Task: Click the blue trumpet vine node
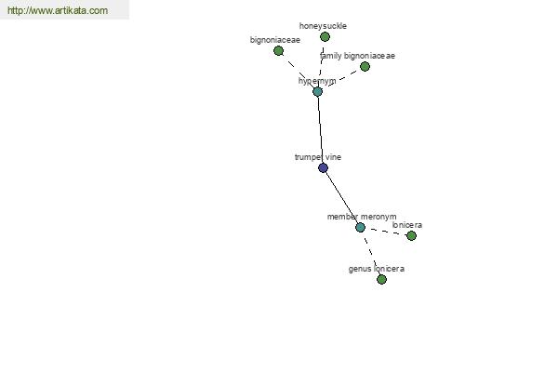[x=323, y=167]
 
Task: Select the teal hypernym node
[x=317, y=91]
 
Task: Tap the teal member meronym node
[x=360, y=227]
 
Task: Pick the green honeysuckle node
[x=325, y=36]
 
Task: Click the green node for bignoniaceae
[x=278, y=50]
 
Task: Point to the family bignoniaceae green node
[x=365, y=66]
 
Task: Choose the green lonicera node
[x=411, y=235]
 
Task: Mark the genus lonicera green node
[x=381, y=279]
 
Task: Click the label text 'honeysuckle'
[x=323, y=26]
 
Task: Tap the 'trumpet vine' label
[x=318, y=157]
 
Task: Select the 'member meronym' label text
[x=362, y=217]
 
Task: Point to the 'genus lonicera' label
[x=376, y=269]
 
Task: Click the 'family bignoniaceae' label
[x=357, y=56]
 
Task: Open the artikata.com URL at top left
[x=58, y=10]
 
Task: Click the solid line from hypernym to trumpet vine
[x=320, y=129]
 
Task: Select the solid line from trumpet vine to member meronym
[x=341, y=197]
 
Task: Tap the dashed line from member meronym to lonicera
[x=386, y=232]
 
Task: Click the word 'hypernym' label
[x=317, y=81]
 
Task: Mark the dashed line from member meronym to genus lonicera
[x=371, y=253]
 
